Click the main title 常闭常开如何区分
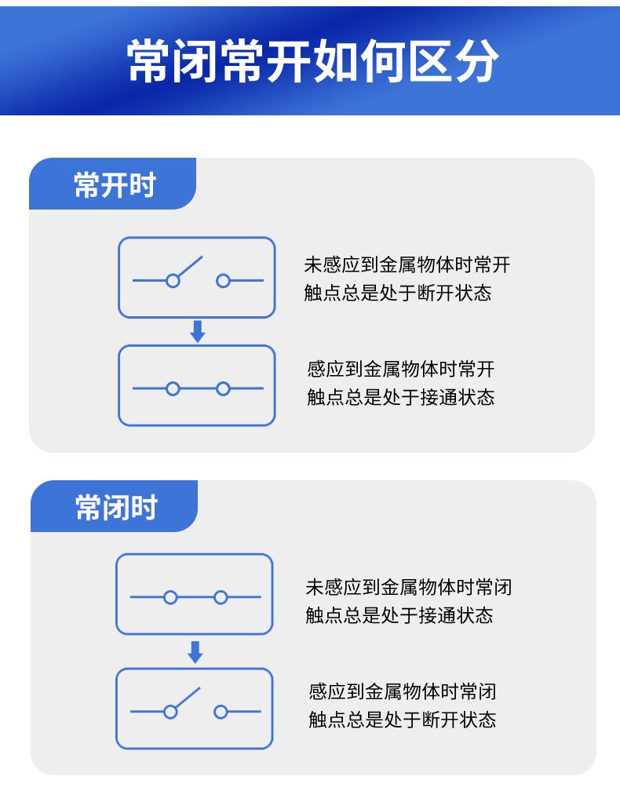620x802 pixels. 312,60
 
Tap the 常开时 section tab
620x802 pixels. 115,185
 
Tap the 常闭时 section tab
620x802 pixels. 116,507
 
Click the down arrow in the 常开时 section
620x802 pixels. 198,331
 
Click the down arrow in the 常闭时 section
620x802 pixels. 195,651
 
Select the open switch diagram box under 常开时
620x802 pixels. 197,278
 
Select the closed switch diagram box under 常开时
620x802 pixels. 197,385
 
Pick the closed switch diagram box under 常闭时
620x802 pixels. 195,594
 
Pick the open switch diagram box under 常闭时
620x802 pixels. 195,709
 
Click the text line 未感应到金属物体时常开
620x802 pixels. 407,264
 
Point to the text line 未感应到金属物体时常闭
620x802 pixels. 408,586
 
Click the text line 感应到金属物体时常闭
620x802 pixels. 402,691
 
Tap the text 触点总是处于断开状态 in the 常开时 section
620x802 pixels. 397,293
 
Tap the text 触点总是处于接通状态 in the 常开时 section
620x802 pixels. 400,397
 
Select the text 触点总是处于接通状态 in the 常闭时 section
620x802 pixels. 399,615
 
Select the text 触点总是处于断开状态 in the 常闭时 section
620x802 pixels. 402,720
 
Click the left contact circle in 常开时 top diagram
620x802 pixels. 173,280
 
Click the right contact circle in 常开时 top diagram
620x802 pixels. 223,280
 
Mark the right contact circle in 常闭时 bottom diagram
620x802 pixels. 221,712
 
